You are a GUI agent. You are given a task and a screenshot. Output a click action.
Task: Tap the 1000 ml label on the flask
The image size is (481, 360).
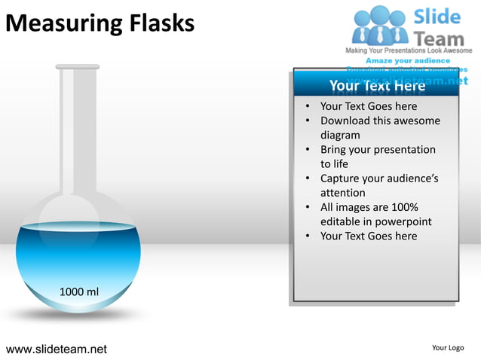point(78,291)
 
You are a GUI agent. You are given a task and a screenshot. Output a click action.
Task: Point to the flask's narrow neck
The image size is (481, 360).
point(78,128)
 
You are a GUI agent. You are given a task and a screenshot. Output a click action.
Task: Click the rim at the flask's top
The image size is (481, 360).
point(78,67)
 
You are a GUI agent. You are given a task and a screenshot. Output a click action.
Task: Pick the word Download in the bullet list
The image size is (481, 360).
point(348,121)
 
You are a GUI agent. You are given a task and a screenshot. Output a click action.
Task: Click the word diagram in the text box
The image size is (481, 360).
point(340,136)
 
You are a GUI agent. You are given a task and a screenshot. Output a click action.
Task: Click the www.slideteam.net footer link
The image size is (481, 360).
point(57,349)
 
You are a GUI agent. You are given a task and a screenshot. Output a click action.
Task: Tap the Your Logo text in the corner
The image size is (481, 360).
point(448,347)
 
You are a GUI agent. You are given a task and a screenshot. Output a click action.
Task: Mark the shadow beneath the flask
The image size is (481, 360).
point(78,314)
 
